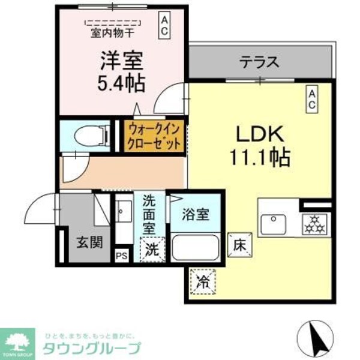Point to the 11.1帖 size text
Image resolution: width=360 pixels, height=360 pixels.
pos(259,158)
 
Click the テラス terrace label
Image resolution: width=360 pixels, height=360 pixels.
pos(260,61)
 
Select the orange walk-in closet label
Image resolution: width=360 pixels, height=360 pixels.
pos(154,136)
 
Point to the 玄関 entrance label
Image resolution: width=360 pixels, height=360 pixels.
pos(86,242)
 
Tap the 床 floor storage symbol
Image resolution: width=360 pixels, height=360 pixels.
pos(237,244)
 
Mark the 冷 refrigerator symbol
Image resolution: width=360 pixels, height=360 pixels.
pos(203,280)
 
